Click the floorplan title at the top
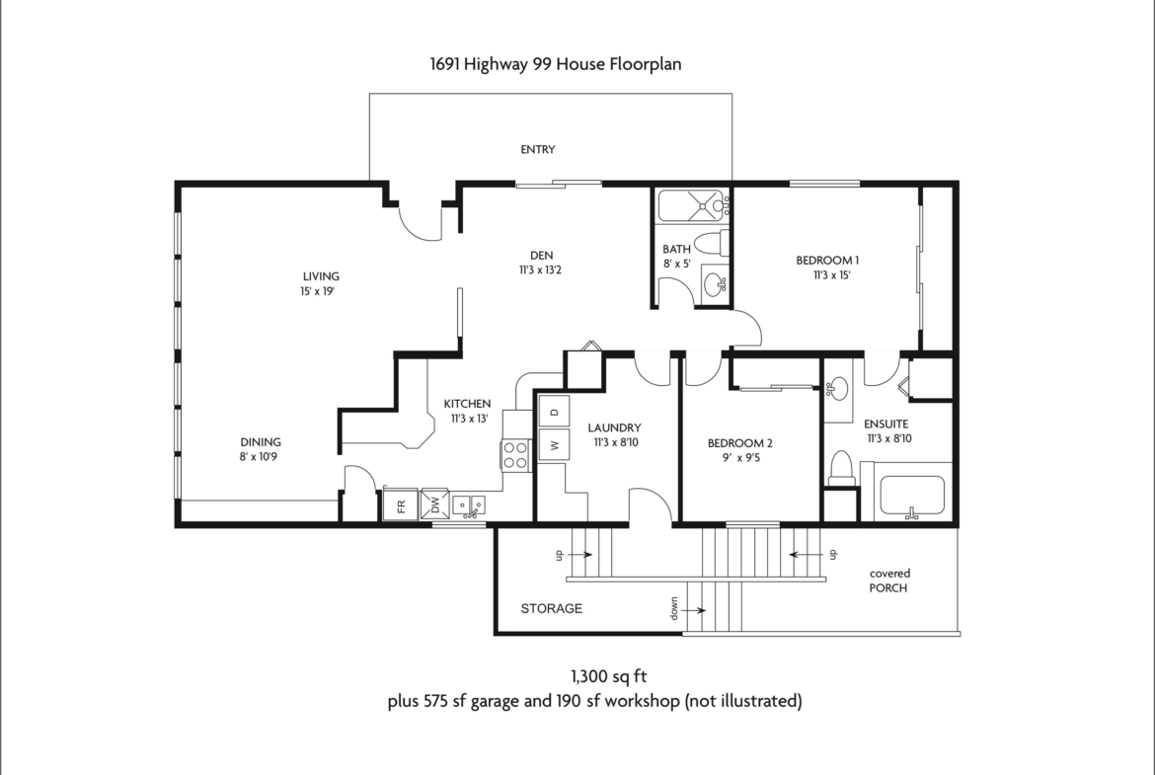tap(556, 64)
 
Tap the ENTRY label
tap(538, 149)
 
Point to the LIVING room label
tap(321, 276)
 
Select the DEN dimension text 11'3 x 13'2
tap(541, 271)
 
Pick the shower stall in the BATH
tap(692, 205)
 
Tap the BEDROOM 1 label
tap(827, 260)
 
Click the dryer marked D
tap(554, 411)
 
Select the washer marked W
tap(554, 445)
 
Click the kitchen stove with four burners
tap(515, 454)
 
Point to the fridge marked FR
tap(401, 505)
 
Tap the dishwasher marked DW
tap(434, 504)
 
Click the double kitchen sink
tap(469, 506)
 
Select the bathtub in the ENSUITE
tap(912, 497)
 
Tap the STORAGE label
tap(552, 608)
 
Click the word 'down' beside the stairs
tap(674, 608)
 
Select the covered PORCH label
tap(889, 581)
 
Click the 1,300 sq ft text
tap(608, 676)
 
